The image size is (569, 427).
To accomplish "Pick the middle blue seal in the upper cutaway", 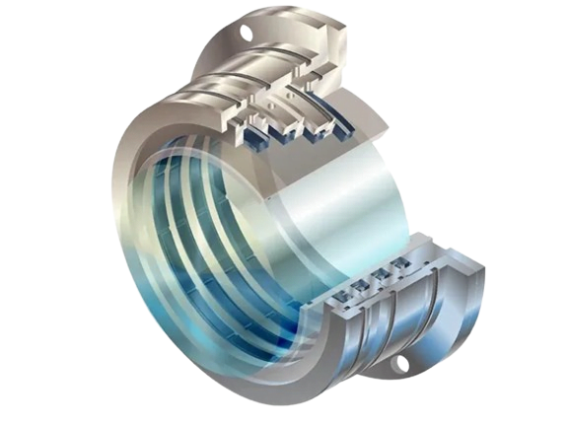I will tap(292, 132).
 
